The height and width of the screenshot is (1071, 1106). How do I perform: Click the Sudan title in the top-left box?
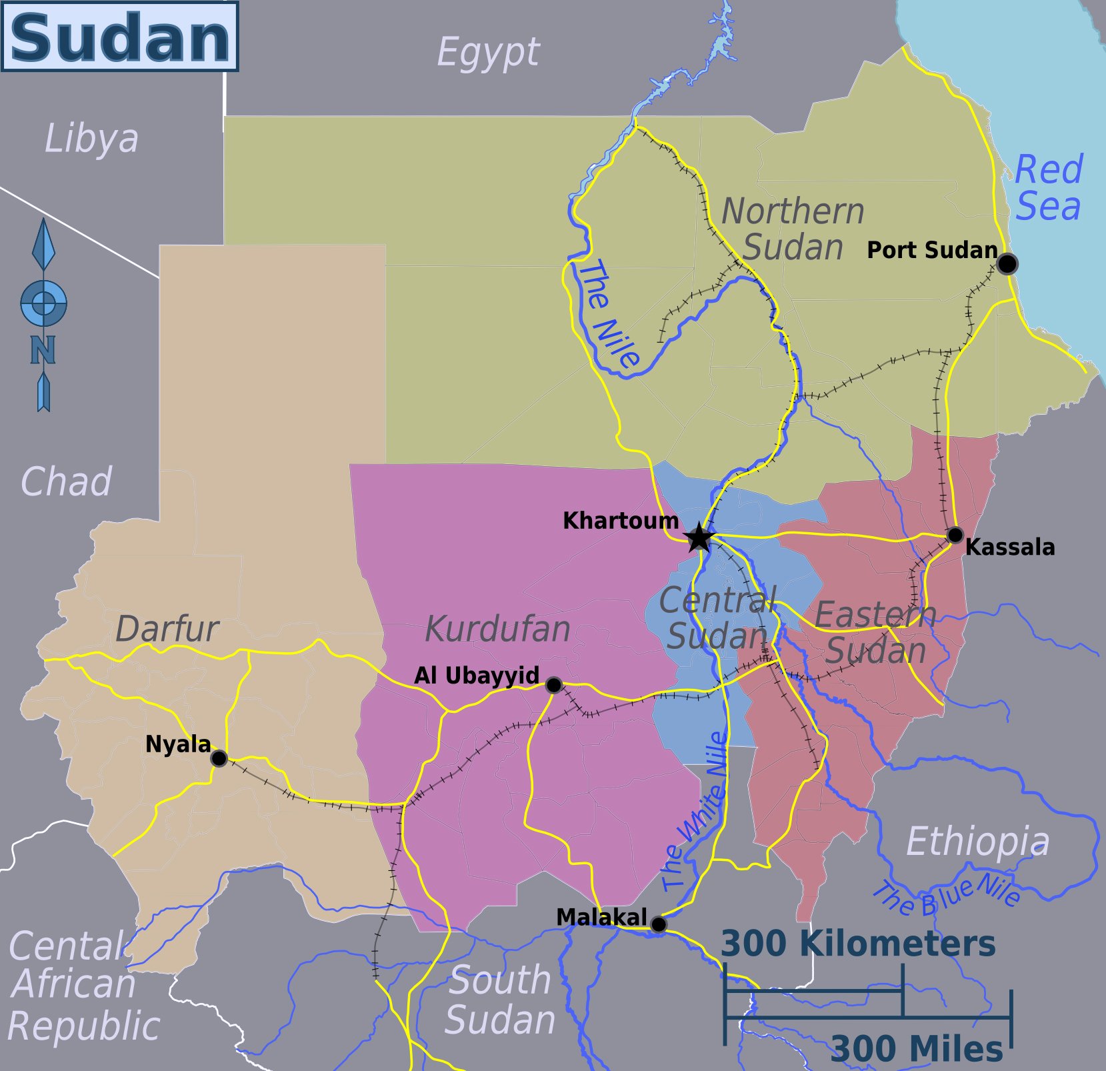pyautogui.click(x=120, y=37)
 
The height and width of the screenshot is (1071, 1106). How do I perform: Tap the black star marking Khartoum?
pyautogui.click(x=699, y=537)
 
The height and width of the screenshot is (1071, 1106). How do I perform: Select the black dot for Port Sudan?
pyautogui.click(x=1007, y=264)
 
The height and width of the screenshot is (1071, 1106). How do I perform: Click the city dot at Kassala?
pyautogui.click(x=955, y=535)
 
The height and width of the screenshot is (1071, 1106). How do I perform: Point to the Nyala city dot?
pyautogui.click(x=219, y=758)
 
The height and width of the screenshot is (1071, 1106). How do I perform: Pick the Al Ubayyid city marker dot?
pyautogui.click(x=553, y=685)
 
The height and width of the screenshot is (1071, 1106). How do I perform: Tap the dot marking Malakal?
pyautogui.click(x=658, y=924)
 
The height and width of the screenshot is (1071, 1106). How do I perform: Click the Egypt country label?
pyautogui.click(x=488, y=52)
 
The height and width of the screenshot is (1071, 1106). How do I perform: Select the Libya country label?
pyautogui.click(x=91, y=139)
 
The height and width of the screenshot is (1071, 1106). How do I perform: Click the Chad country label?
pyautogui.click(x=66, y=481)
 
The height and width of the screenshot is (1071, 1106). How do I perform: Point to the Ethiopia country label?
pyautogui.click(x=977, y=842)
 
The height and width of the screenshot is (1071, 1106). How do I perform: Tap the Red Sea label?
pyautogui.click(x=1048, y=188)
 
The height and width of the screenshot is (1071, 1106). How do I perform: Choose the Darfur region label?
pyautogui.click(x=167, y=628)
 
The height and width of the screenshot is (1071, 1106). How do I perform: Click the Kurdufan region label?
pyautogui.click(x=497, y=629)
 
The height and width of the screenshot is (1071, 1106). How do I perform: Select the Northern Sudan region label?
pyautogui.click(x=793, y=229)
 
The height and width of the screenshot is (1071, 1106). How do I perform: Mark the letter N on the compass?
pyautogui.click(x=43, y=349)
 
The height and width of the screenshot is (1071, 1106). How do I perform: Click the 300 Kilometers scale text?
pyautogui.click(x=858, y=944)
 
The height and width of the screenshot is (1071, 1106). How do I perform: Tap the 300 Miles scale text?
pyautogui.click(x=917, y=1048)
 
